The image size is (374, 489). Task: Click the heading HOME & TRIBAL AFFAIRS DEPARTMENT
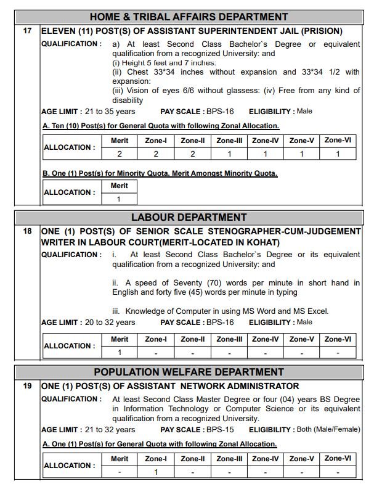pyautogui.click(x=189, y=17)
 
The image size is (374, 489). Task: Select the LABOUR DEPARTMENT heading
pyautogui.click(x=189, y=217)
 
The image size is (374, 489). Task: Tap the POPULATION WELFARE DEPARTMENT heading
pyautogui.click(x=189, y=372)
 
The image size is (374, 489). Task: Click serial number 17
pyautogui.click(x=27, y=30)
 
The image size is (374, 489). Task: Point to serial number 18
pyautogui.click(x=27, y=231)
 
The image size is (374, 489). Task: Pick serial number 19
pyautogui.click(x=27, y=386)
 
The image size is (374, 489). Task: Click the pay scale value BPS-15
pyautogui.click(x=224, y=430)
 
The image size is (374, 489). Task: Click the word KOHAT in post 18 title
pyautogui.click(x=242, y=242)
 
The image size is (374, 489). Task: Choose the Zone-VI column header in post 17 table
pyautogui.click(x=338, y=141)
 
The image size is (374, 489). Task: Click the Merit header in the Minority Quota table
pyautogui.click(x=120, y=186)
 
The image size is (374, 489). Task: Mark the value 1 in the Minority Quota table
pyautogui.click(x=120, y=199)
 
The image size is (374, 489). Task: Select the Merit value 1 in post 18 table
pyautogui.click(x=120, y=353)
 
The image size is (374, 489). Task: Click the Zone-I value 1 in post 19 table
pyautogui.click(x=156, y=472)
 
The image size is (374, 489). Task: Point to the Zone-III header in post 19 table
pyautogui.click(x=229, y=459)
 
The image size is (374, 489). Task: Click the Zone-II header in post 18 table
pyautogui.click(x=193, y=339)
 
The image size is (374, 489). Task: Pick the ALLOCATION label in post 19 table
pyautogui.click(x=70, y=466)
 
